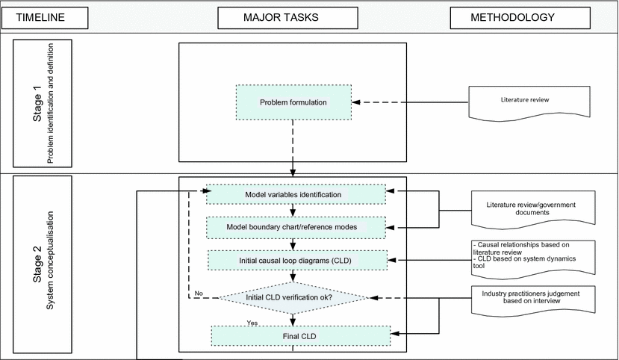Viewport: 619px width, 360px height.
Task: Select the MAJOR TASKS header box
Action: point(292,17)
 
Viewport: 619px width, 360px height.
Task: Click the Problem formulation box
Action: point(293,102)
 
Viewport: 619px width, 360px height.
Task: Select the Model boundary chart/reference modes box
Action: point(296,226)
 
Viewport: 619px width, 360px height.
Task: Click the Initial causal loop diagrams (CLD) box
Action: point(297,260)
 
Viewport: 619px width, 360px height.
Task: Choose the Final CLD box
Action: point(300,336)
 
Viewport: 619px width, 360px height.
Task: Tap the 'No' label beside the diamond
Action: point(198,294)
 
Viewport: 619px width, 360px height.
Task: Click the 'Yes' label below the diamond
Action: point(253,323)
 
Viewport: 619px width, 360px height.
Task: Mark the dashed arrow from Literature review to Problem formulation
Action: point(410,102)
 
